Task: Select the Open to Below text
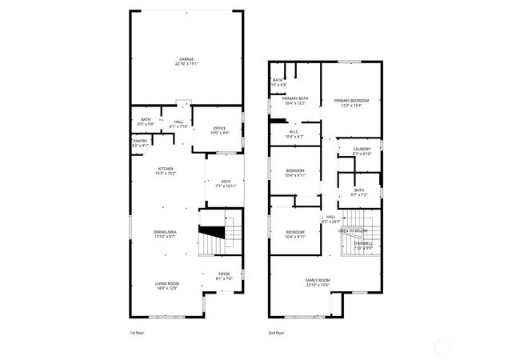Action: click(353, 230)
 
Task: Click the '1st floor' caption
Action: click(138, 333)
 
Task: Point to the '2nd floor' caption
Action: click(277, 333)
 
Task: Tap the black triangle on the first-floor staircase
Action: click(210, 233)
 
